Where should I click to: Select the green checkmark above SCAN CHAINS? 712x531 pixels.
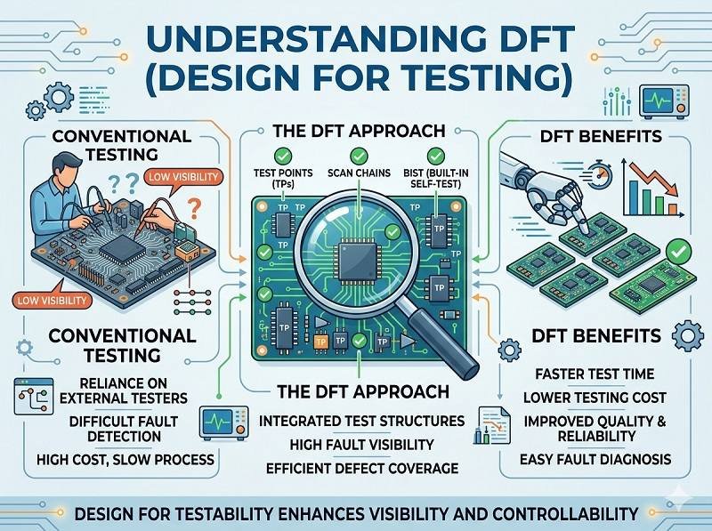(x=356, y=153)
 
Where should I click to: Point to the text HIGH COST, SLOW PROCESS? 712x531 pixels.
(x=113, y=459)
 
